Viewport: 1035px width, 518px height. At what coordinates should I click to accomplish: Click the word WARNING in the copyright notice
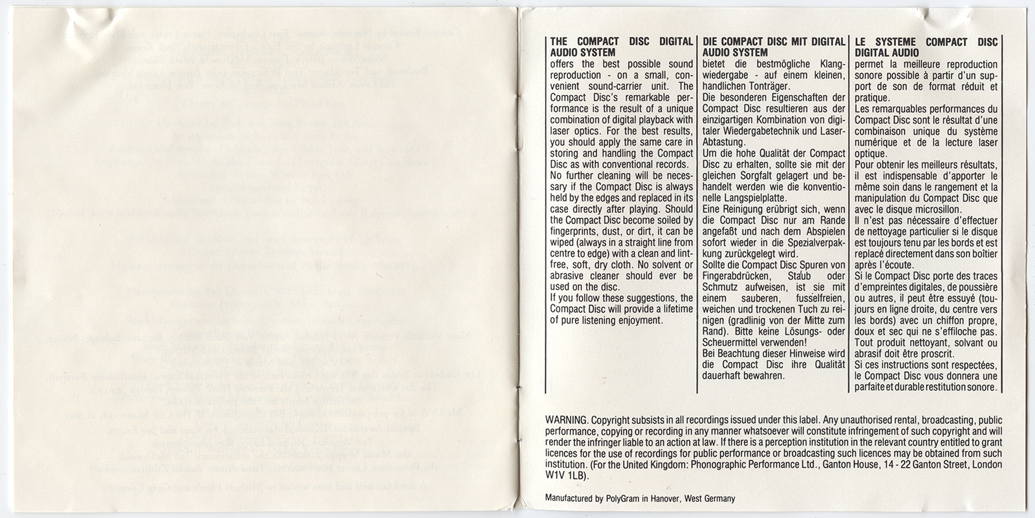(x=563, y=420)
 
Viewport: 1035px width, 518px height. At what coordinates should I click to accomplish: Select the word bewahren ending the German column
(x=764, y=376)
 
